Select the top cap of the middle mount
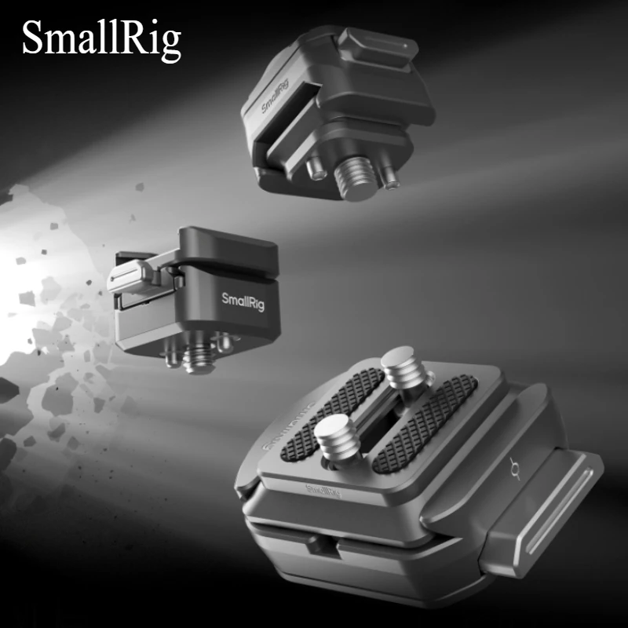228,243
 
